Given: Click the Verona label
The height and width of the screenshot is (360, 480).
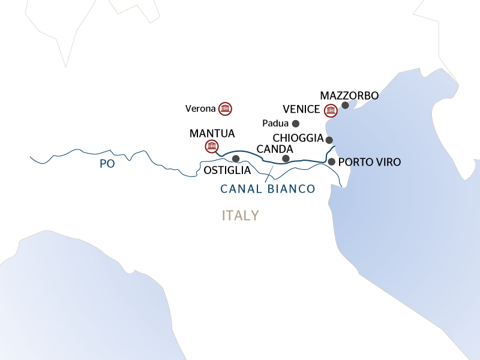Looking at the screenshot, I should click(201, 109).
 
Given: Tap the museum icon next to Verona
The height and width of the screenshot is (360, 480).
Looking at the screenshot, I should click(225, 109).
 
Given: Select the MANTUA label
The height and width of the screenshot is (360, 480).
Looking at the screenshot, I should click(212, 133).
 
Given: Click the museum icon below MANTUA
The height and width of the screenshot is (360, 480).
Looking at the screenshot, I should click(211, 146).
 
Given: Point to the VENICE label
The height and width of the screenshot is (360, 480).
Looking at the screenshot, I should click(302, 110).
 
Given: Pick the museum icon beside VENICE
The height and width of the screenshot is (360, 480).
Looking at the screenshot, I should click(330, 110).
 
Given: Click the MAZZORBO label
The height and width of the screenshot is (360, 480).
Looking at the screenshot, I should click(349, 95).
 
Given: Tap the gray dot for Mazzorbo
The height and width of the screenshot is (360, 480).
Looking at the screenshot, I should click(345, 106).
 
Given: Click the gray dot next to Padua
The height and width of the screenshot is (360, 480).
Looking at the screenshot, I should click(295, 124).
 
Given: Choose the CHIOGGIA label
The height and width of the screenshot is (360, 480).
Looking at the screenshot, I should click(298, 139).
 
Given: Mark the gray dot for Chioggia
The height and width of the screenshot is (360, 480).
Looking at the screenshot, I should click(329, 140).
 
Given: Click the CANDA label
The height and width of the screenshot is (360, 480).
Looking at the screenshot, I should click(274, 148).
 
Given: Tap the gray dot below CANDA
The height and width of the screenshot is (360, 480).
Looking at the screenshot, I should click(286, 158).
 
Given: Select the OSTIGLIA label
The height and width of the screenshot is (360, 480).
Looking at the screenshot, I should click(227, 170).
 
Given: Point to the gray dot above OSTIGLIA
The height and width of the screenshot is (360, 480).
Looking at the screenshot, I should click(235, 159).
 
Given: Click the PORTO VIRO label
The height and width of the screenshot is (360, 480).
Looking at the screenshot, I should click(369, 162).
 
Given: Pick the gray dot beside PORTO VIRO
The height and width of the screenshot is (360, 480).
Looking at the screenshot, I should click(331, 162).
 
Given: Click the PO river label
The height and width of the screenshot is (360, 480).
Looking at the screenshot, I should click(107, 163).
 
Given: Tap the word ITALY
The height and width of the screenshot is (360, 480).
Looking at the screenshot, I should click(240, 215).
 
